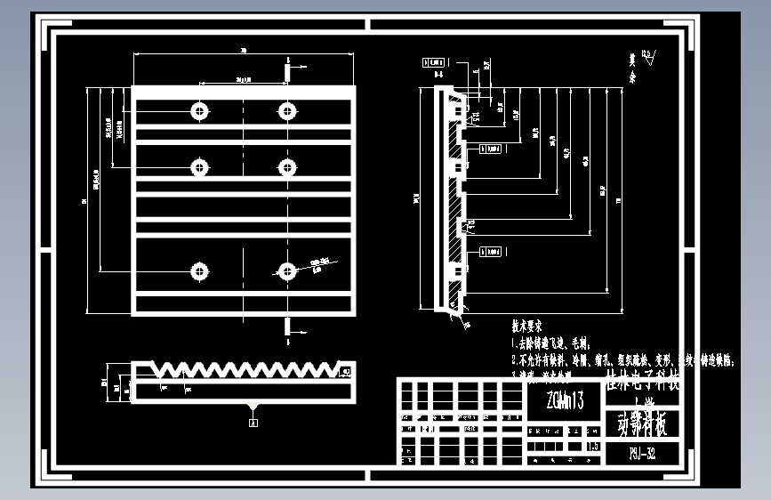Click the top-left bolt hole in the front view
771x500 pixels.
click(x=198, y=110)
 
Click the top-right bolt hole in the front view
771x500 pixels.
click(x=286, y=110)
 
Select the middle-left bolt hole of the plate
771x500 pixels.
click(x=198, y=166)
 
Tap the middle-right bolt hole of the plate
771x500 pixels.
click(x=286, y=166)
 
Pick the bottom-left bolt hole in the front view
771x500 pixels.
click(x=198, y=270)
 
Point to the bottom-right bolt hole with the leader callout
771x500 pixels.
click(x=286, y=270)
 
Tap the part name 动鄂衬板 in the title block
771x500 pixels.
click(x=642, y=425)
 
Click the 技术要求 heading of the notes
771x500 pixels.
click(x=533, y=327)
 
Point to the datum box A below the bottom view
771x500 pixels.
click(x=253, y=423)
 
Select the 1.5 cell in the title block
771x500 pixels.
click(x=593, y=448)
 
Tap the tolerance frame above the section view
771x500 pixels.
click(x=435, y=62)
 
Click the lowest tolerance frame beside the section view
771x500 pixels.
click(x=492, y=252)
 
